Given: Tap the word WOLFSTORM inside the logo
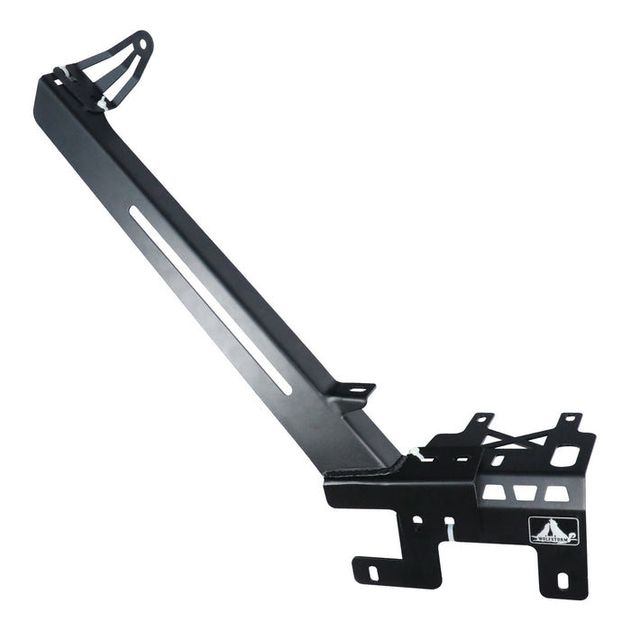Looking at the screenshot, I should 545,539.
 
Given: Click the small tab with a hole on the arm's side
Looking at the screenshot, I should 359,391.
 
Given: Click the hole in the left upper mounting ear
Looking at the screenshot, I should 479,419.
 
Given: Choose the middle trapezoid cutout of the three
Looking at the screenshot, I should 520,491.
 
